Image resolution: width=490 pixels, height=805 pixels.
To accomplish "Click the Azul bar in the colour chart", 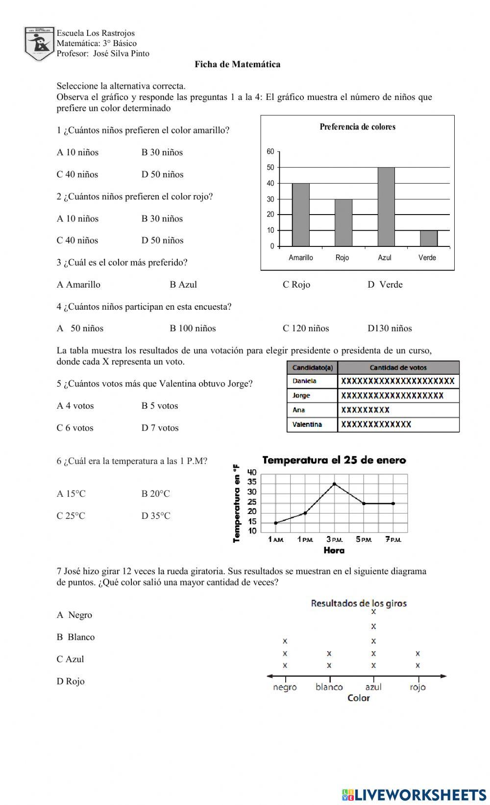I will click(386, 207).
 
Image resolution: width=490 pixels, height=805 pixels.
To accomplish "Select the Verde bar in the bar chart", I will click(428, 238).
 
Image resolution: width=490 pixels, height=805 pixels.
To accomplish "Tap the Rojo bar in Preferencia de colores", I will click(343, 222).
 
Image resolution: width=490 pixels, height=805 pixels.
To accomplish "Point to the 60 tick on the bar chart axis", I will click(270, 152).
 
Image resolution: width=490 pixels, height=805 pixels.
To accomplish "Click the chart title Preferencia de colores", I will click(357, 127).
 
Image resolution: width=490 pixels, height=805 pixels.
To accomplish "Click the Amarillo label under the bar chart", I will click(300, 258).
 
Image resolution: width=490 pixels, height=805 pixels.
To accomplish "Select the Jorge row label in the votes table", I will click(301, 395).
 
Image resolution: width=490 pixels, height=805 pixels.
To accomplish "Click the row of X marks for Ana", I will click(365, 410).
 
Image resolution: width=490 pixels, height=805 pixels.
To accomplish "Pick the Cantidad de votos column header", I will click(398, 367).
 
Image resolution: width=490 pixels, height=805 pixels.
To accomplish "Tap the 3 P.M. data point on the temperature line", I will click(334, 484).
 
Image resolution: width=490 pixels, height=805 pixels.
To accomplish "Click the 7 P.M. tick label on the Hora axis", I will click(393, 539).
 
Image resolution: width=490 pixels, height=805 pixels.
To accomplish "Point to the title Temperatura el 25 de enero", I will click(334, 460).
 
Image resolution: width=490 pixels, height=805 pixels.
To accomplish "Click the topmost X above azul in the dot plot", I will click(373, 611).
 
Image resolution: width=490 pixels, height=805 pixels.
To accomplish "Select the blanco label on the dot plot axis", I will click(329, 687).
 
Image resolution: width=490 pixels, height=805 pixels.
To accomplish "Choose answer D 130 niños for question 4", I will click(390, 328).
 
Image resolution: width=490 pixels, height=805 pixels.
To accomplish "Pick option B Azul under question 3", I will click(183, 285).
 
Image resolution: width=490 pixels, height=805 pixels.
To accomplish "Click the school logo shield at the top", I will click(39, 44).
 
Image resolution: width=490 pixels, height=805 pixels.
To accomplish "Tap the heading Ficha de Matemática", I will click(238, 64).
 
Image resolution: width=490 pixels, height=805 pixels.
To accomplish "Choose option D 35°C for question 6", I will click(156, 515).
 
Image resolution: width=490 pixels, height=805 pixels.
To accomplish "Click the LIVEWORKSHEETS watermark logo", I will click(414, 794).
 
